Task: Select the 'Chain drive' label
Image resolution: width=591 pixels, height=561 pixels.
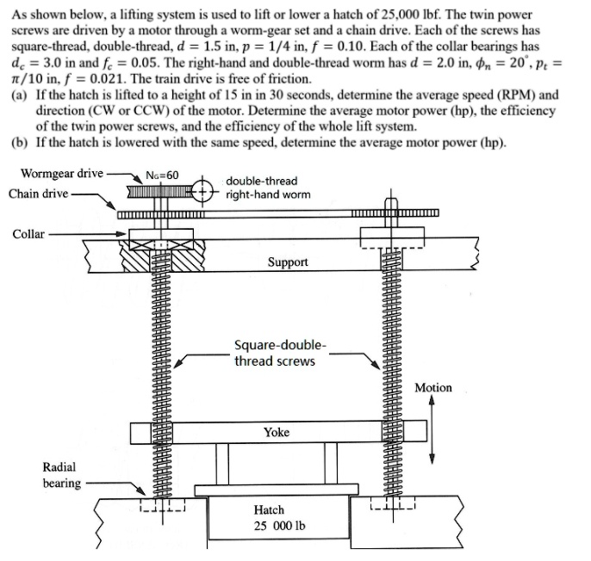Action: [x=39, y=193]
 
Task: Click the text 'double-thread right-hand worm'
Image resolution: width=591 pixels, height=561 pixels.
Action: [x=262, y=188]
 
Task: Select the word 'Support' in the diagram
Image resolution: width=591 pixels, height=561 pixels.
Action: [x=288, y=262]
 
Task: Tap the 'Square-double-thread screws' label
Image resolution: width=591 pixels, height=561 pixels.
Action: [x=280, y=353]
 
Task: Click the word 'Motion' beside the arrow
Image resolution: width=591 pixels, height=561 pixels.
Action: [x=432, y=388]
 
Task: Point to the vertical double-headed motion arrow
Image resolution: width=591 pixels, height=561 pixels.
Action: [x=432, y=432]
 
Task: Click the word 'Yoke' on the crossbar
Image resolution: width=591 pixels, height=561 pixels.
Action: [x=277, y=432]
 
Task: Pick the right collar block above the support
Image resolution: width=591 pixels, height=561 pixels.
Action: [x=389, y=234]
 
